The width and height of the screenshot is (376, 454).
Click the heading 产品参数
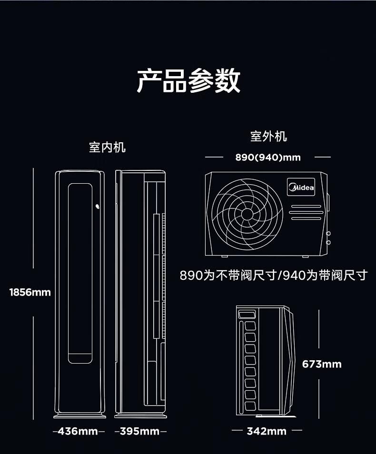coord(188,80)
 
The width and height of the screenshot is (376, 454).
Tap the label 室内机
coord(107,147)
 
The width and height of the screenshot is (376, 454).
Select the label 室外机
coord(268,137)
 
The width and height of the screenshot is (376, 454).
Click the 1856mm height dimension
coord(30,292)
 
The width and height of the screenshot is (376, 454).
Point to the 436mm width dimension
coord(78,431)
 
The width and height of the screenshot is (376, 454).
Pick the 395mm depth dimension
coord(139,431)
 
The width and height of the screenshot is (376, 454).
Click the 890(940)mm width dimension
coord(268,157)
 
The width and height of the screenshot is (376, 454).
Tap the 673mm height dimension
coord(322,364)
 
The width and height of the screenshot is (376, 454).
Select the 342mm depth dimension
coord(267,431)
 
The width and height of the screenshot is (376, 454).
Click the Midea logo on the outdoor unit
coord(301,187)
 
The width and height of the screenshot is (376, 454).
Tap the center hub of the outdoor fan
coord(247,214)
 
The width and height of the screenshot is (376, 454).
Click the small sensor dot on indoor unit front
coord(98,207)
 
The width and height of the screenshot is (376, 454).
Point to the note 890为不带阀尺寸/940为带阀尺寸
coord(274,275)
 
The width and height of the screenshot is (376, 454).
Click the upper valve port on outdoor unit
coord(328,233)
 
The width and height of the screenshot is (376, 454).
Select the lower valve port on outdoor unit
coord(328,242)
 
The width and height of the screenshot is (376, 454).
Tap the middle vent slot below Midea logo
coord(306,213)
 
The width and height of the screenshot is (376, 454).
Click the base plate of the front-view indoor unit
coord(79,416)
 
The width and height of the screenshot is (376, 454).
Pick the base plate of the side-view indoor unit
coord(140,416)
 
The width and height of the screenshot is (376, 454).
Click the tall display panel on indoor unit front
coord(80,273)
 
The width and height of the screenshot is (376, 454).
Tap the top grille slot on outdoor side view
coord(247,314)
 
